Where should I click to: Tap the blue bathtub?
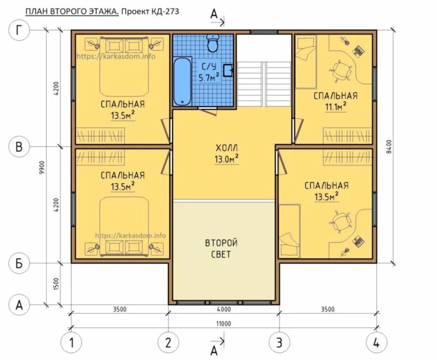tap(182, 81)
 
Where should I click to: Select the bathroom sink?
tap(228, 70)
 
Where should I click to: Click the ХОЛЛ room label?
tap(226, 148)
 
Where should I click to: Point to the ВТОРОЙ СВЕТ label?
tap(221, 249)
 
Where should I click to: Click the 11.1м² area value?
tap(336, 107)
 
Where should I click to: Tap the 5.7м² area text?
tap(209, 77)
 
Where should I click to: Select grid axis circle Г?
tap(19, 30)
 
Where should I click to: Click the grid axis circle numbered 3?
tap(279, 342)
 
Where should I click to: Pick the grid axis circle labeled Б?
tap(19, 263)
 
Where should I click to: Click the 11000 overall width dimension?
tap(223, 324)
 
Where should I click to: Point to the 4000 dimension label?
tap(223, 309)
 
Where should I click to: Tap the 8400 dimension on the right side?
tap(390, 146)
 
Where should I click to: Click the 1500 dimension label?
tap(56, 284)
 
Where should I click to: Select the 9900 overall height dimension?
tap(42, 167)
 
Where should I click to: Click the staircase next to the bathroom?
tap(264, 84)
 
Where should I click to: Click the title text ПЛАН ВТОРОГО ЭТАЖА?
tap(72, 11)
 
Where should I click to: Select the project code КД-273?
tap(165, 11)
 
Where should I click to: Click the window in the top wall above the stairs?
tap(264, 32)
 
